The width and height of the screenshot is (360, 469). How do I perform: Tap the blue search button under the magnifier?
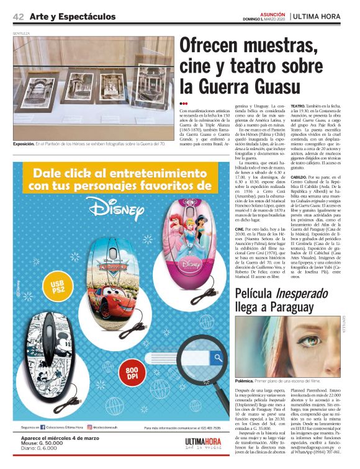(218, 357)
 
